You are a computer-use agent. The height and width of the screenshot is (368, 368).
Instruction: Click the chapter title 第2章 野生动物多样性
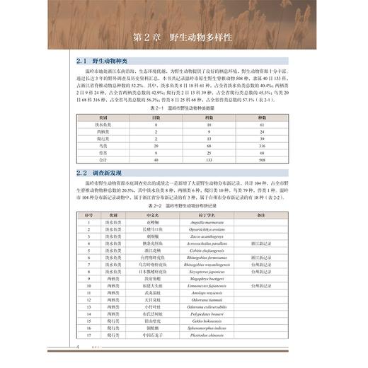click(183, 37)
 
